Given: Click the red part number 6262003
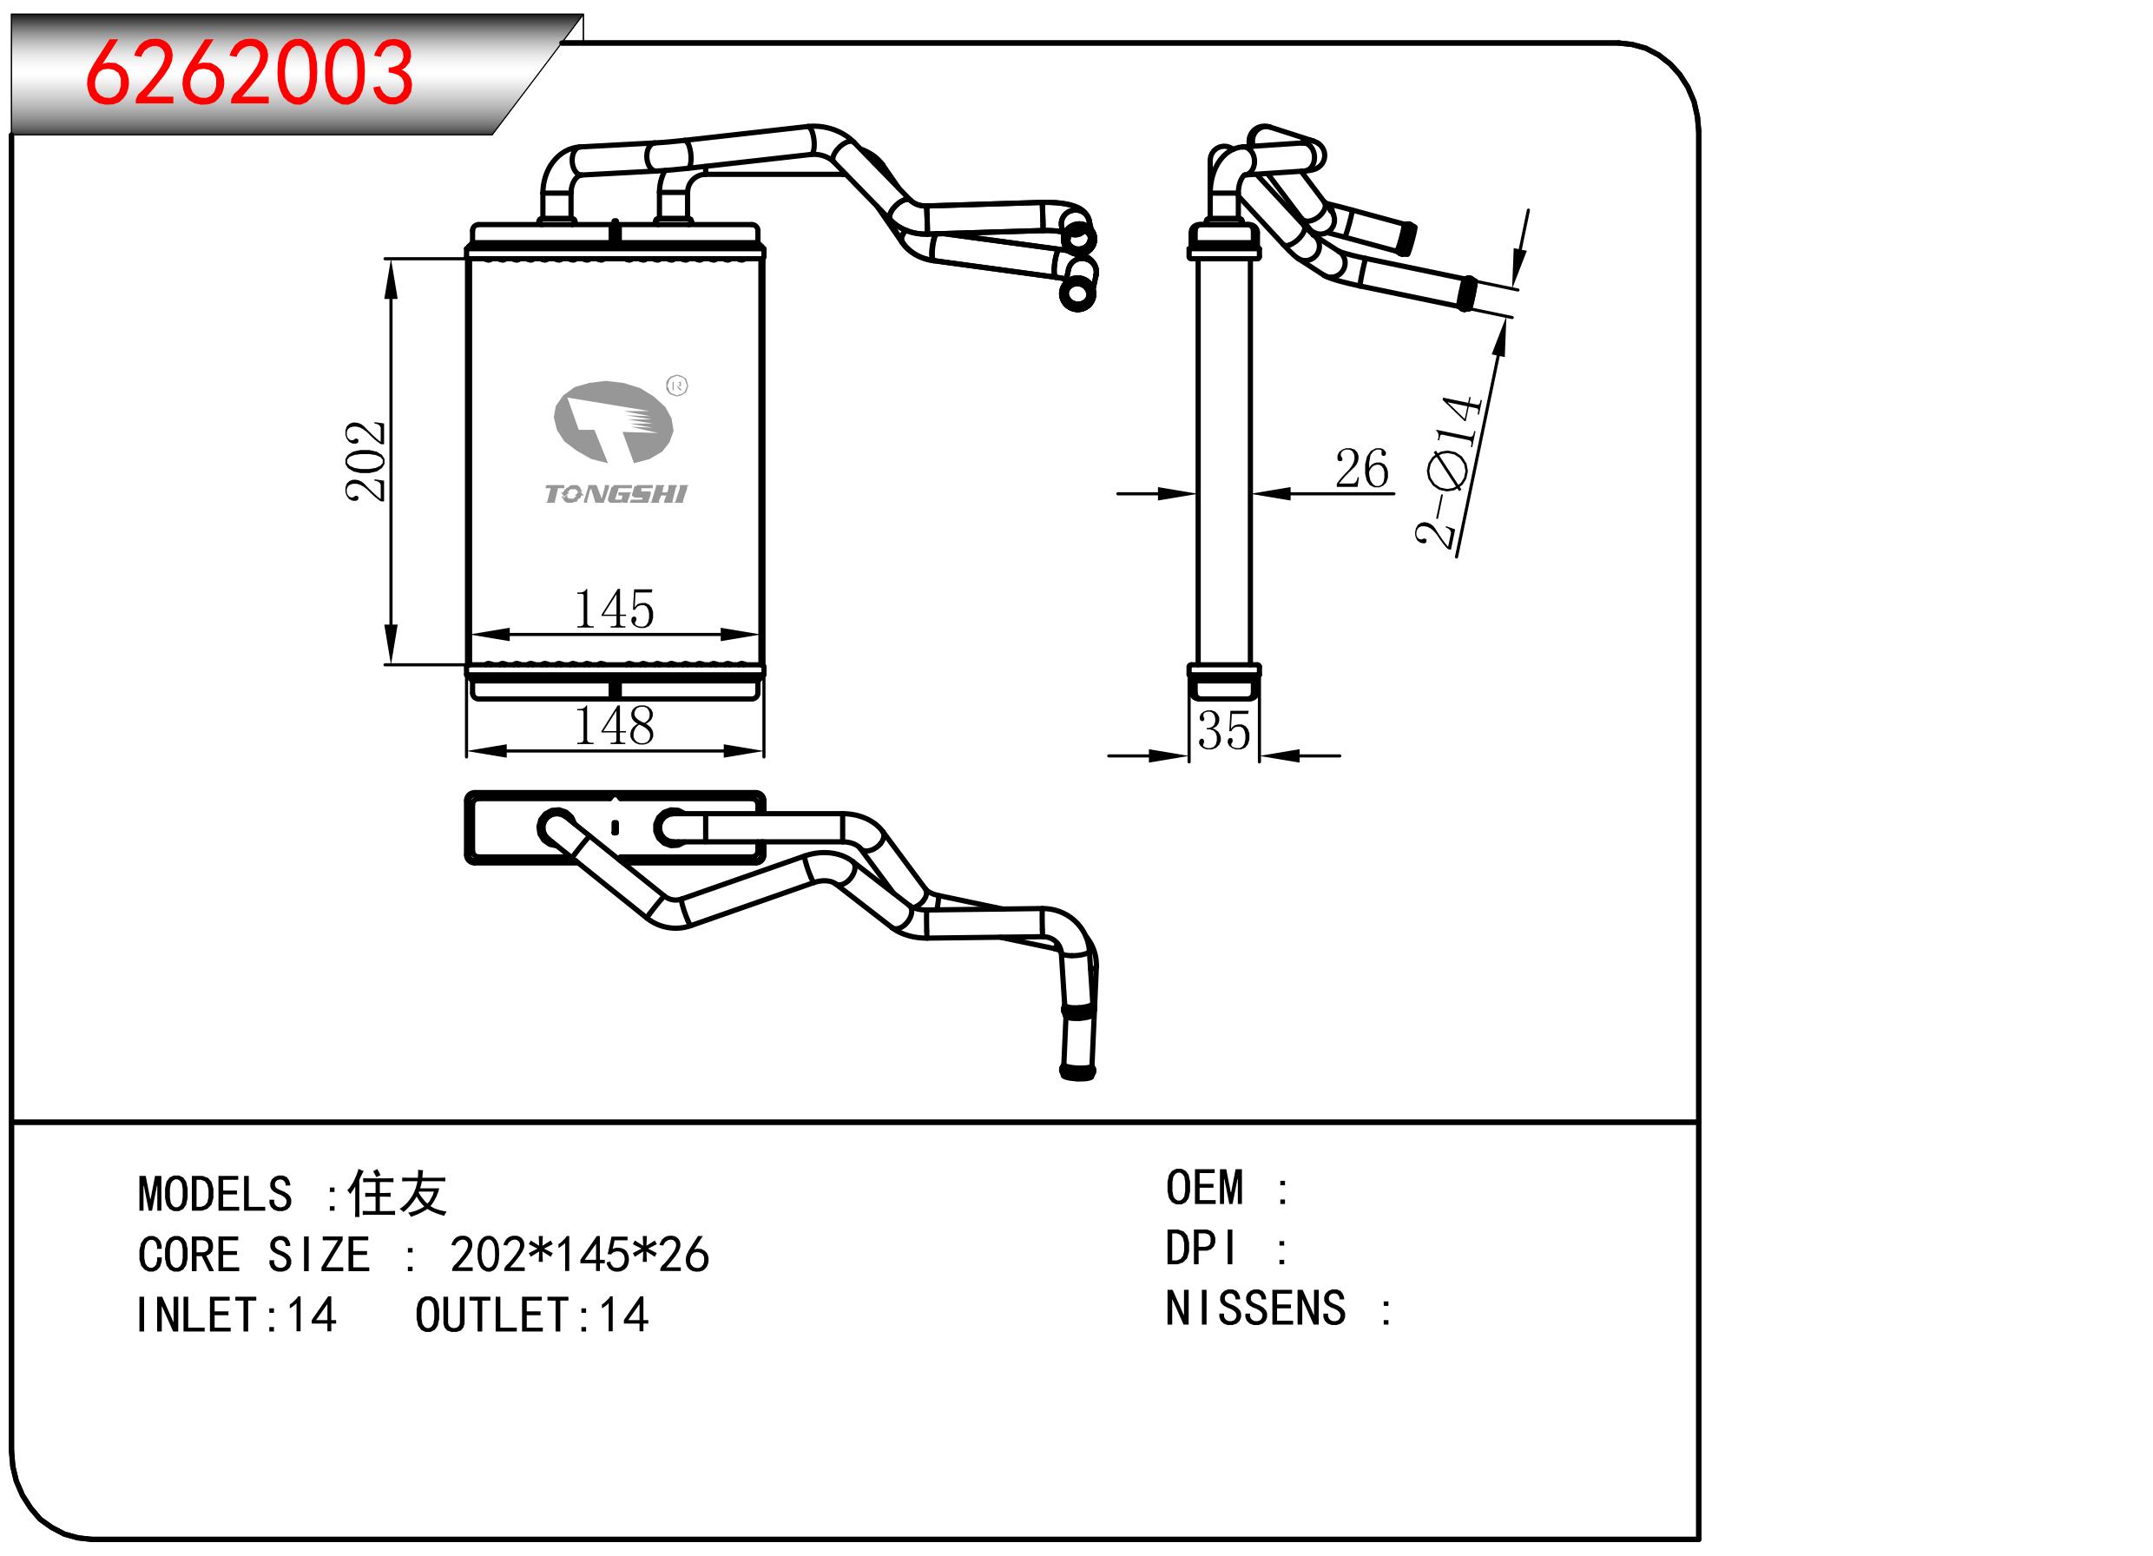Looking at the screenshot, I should click(248, 73).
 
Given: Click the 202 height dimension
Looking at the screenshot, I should click(366, 461).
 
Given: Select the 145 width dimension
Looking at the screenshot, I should click(614, 610).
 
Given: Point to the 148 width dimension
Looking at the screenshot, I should click(614, 726).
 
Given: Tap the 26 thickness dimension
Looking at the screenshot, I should click(1361, 469).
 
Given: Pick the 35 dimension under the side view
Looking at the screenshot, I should click(1223, 731).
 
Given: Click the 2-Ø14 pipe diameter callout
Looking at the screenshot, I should click(1449, 471).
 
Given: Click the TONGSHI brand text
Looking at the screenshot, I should click(616, 495).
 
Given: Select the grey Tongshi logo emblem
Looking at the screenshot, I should click(613, 421).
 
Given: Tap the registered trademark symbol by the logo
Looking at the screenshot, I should click(678, 386).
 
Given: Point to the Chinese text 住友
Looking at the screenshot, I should click(397, 1194).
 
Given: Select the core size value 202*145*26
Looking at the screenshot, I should click(579, 1255).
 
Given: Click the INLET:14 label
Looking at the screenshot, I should click(236, 1315).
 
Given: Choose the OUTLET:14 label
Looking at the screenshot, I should click(531, 1315).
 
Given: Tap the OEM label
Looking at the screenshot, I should click(1204, 1189).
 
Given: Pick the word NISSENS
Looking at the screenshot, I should click(1255, 1309).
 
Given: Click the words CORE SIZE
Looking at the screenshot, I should click(253, 1255).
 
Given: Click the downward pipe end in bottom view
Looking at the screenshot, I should click(1077, 1071).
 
